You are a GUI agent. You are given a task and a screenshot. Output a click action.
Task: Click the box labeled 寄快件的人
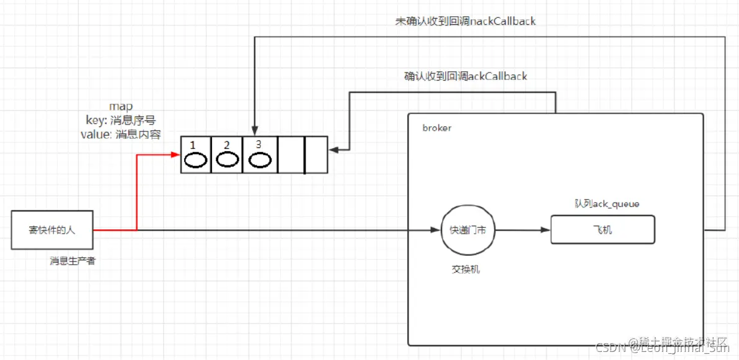coord(52,230)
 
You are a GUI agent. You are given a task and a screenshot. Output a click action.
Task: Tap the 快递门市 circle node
coord(467,230)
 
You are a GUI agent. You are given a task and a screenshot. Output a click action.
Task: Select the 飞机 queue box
coord(603,230)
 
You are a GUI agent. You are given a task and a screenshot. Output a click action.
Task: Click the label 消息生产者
coord(73,261)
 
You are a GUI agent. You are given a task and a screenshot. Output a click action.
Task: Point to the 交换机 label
coord(466,270)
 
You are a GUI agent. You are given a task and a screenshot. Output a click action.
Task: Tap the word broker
coord(437,128)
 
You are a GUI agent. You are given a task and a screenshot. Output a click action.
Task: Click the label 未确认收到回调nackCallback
coord(465,22)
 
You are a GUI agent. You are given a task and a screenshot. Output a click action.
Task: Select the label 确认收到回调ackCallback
coord(465,77)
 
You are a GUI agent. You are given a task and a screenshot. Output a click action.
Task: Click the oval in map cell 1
coord(195,160)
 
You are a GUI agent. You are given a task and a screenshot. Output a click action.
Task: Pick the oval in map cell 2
coord(227,160)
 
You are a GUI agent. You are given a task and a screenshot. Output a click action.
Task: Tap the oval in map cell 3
coord(259,160)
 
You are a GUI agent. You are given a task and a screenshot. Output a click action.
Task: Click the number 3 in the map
coord(258,144)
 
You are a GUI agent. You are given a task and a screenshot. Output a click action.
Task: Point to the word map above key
coord(121,107)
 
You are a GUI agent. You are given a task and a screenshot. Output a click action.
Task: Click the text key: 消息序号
coord(121,120)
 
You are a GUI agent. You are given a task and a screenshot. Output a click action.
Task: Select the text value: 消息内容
coord(121,134)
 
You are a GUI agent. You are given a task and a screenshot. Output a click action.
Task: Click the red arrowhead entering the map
coord(175,155)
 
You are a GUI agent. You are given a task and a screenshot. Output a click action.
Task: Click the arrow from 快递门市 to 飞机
coord(522,230)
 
